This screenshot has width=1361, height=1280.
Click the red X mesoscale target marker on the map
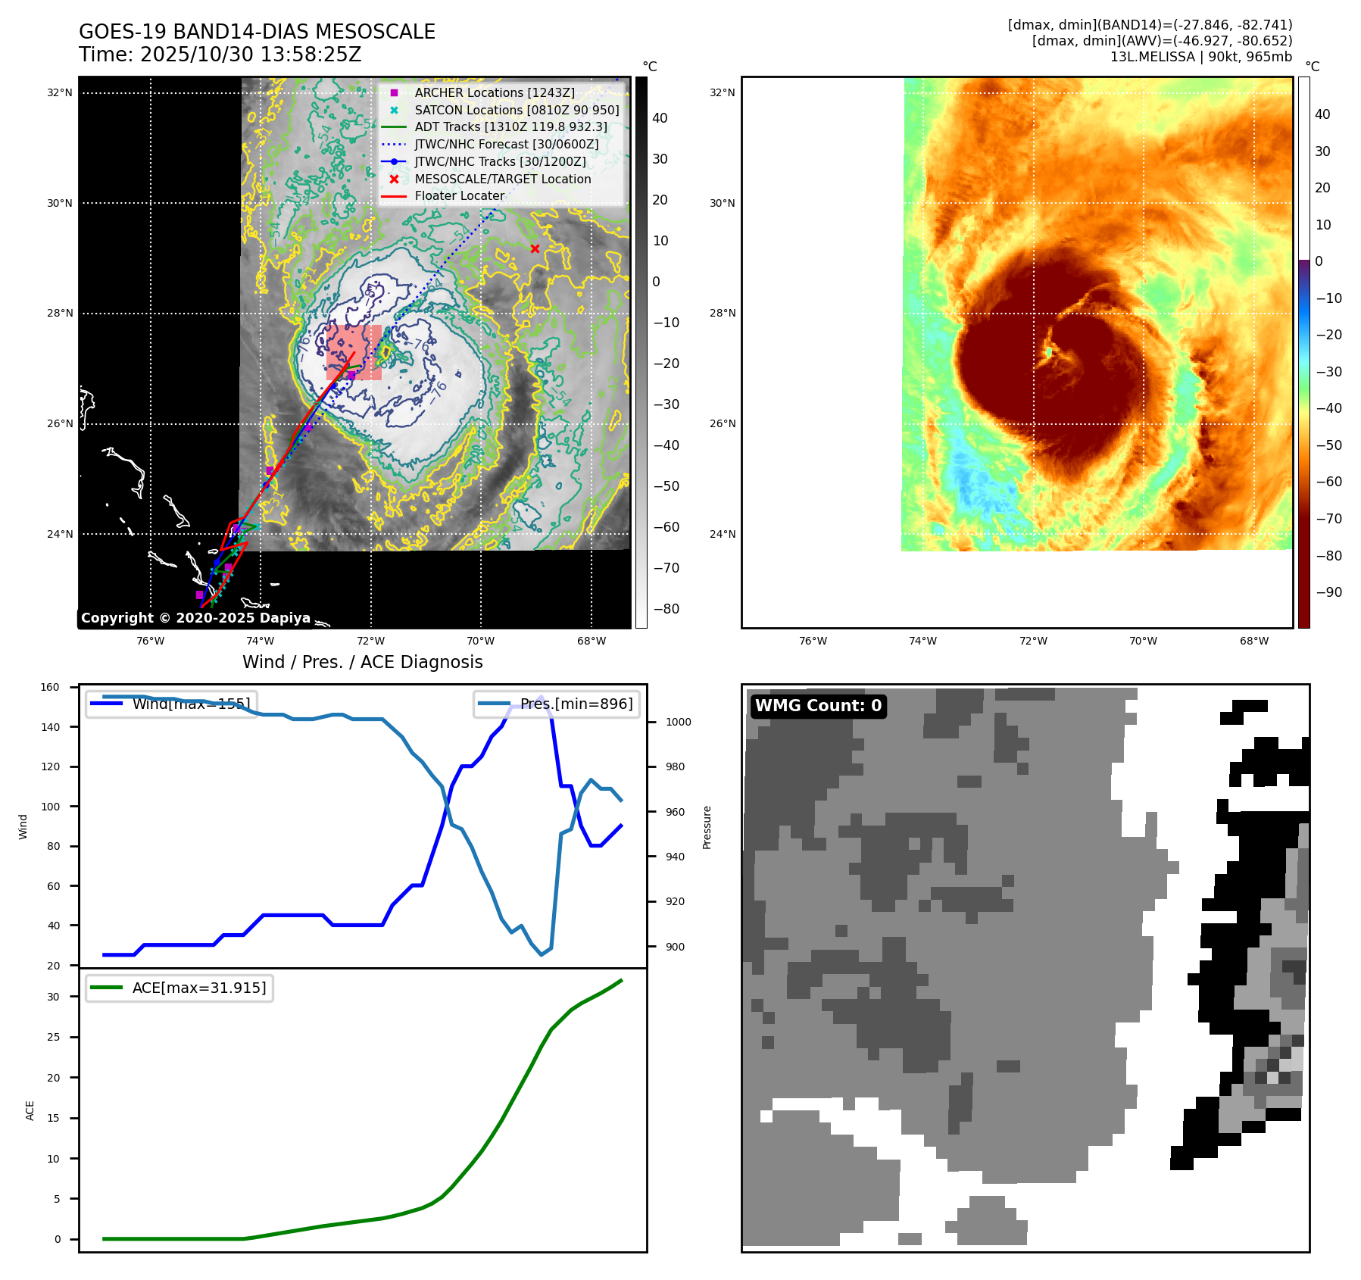[x=535, y=248]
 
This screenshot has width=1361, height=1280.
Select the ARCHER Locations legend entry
[x=494, y=92]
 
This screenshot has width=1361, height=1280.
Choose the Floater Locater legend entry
[x=459, y=195]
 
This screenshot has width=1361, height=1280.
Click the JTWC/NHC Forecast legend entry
[x=506, y=144]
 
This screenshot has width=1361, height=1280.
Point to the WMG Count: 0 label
[x=818, y=706]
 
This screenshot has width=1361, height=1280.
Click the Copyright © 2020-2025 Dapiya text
[x=195, y=618]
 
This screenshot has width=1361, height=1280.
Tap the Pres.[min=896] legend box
[x=557, y=704]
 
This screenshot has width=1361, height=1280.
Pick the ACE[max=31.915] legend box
[x=179, y=988]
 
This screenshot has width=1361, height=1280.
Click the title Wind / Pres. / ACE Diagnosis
[x=362, y=662]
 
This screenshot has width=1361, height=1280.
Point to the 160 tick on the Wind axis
[x=50, y=688]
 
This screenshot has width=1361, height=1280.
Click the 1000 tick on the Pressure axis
[x=678, y=723]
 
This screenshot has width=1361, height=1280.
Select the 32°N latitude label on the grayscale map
[x=60, y=93]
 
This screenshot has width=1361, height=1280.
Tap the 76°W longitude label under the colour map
[x=813, y=642]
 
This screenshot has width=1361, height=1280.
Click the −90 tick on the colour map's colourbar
[x=1328, y=592]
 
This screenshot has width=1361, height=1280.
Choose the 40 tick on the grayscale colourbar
[x=660, y=118]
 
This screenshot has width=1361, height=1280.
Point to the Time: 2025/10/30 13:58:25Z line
[x=220, y=55]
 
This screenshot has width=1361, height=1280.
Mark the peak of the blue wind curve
[x=541, y=696]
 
